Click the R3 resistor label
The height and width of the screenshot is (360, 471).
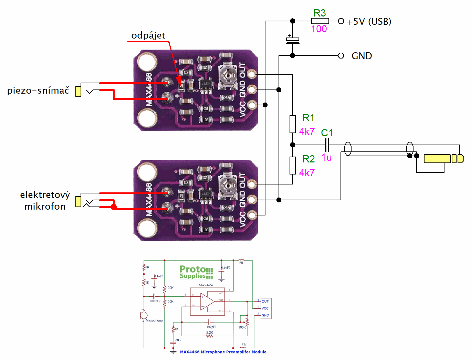click(x=320, y=13)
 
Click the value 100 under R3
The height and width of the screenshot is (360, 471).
click(x=319, y=29)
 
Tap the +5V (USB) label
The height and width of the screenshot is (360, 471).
click(x=369, y=22)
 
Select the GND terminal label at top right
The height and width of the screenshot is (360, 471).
click(x=362, y=56)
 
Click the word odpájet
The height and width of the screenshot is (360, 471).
click(x=148, y=35)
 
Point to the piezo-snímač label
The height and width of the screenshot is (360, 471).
click(x=38, y=91)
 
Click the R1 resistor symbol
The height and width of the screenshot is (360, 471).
click(x=293, y=124)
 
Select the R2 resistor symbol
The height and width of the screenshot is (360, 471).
click(x=293, y=166)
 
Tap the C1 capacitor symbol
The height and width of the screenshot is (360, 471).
click(x=327, y=145)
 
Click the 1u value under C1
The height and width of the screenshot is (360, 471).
click(x=326, y=158)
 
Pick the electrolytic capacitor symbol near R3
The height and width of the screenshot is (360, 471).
click(x=293, y=40)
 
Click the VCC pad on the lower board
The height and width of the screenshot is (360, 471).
click(x=252, y=215)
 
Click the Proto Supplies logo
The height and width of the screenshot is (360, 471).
click(x=196, y=272)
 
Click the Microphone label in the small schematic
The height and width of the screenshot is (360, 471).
click(x=154, y=320)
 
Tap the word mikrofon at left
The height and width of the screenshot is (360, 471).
click(x=45, y=207)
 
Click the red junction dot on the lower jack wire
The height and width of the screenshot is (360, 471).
click(x=114, y=207)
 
